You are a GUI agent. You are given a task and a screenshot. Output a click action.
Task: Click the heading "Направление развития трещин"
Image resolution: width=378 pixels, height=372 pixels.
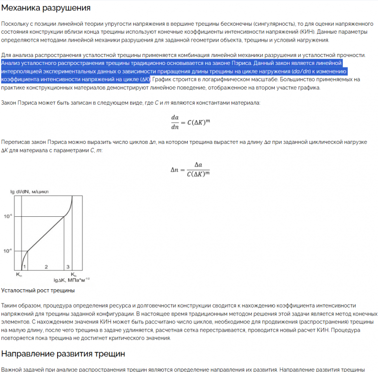62,354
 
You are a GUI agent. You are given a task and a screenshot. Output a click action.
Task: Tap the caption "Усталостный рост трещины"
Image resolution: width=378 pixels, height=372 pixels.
38,290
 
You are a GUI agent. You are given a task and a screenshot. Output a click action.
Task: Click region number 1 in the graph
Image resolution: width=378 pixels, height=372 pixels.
24,267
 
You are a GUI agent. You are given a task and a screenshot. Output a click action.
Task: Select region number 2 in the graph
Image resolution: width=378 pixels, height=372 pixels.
46,267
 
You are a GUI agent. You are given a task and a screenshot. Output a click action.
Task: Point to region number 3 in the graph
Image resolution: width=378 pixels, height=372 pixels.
68,267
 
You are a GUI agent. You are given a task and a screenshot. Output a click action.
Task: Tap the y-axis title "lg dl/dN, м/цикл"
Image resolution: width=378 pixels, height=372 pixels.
32,191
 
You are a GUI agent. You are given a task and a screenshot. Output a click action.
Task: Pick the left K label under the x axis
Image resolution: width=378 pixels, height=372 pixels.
18,275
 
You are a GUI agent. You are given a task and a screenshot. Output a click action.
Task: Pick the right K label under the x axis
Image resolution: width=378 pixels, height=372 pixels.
73,275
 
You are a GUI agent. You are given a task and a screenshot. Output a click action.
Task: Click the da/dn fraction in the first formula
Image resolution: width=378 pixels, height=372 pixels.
174,122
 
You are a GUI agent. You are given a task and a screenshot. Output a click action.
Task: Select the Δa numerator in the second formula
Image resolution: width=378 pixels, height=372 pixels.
198,165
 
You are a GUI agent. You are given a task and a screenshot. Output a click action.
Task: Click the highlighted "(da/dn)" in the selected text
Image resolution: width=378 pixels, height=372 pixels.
302,71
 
